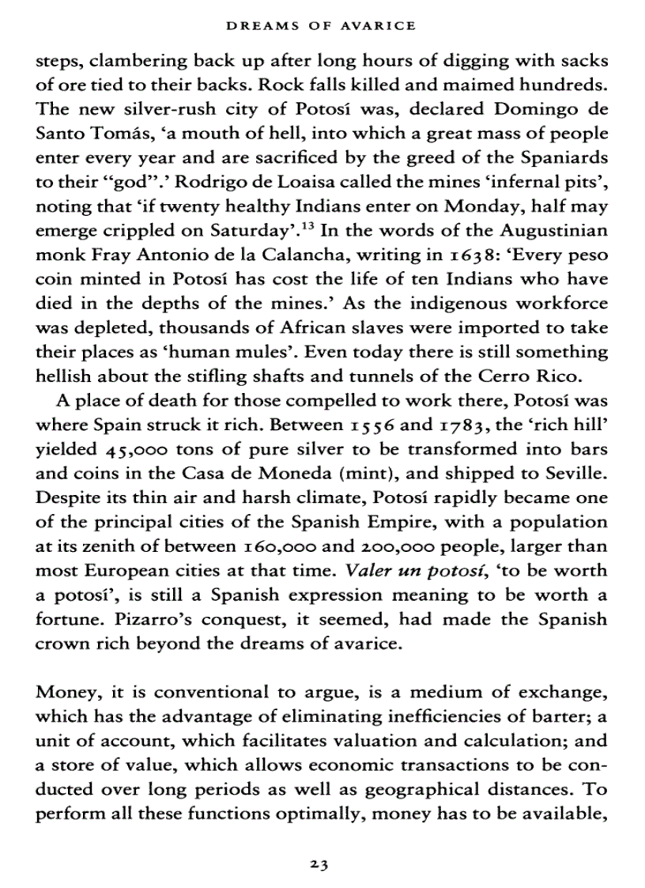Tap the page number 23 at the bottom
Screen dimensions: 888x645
click(x=320, y=864)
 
